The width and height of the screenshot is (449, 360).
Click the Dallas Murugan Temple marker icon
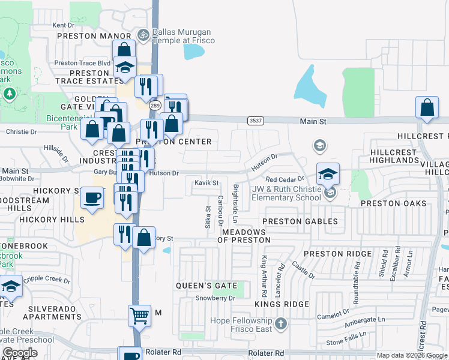(143, 35)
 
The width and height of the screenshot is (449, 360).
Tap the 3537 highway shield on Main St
(254, 121)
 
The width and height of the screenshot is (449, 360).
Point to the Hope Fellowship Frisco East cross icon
(280, 325)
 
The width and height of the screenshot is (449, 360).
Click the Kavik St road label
(206, 182)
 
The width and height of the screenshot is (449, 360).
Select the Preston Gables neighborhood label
(300, 221)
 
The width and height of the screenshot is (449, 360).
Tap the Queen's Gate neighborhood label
(206, 286)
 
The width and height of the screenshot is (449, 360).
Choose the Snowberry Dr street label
(214, 298)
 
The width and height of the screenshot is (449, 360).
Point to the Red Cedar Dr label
(285, 179)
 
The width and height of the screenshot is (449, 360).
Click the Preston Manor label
(94, 35)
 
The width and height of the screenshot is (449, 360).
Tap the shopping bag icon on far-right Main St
(427, 109)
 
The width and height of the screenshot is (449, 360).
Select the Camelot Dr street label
(333, 312)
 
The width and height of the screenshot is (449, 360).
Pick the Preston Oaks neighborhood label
(393, 203)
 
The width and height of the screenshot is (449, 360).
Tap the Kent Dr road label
(63, 25)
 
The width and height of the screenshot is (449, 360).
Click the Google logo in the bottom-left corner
(20, 353)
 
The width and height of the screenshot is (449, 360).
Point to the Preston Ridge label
(337, 254)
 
